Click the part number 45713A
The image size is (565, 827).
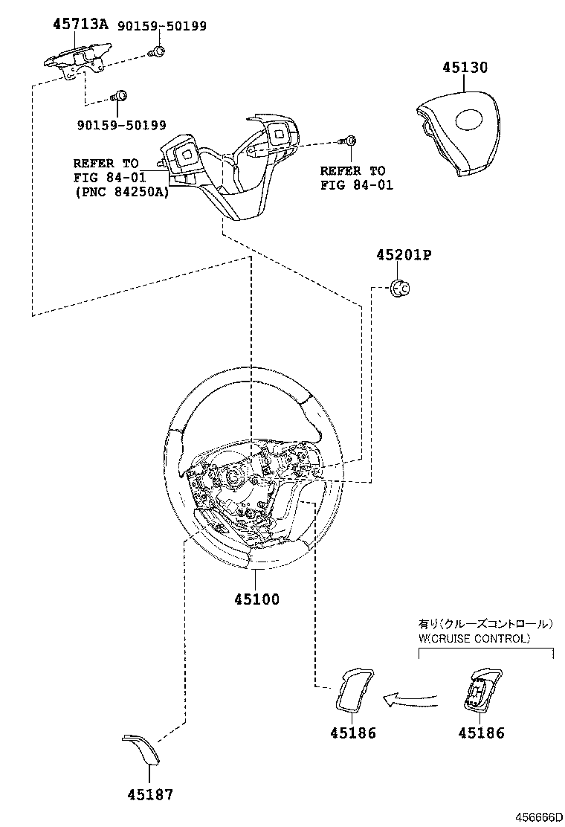(x=80, y=25)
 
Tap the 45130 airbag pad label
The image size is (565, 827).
(x=465, y=68)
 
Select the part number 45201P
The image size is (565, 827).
(x=404, y=256)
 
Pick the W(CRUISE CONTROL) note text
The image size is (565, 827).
(x=474, y=639)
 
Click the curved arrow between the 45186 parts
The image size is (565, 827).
(x=410, y=698)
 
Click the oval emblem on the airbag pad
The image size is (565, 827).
(x=469, y=121)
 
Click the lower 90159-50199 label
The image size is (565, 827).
(x=121, y=125)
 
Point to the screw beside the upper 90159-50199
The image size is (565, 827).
(x=157, y=52)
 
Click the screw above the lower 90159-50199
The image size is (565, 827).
(x=120, y=96)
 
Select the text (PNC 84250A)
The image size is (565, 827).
(x=121, y=193)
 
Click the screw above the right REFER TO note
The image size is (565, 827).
(x=349, y=142)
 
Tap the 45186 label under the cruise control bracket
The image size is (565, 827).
(x=481, y=733)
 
